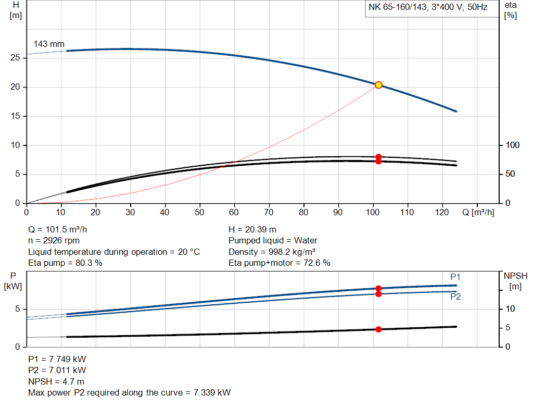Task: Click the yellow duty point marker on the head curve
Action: (x=378, y=85)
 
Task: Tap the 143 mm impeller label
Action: (x=49, y=44)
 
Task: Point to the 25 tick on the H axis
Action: (x=15, y=58)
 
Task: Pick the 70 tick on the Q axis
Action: (x=269, y=213)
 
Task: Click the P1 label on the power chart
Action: (x=455, y=277)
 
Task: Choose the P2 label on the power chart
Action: (x=455, y=297)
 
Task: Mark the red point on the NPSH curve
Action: (x=378, y=329)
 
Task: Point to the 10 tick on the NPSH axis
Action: (x=510, y=309)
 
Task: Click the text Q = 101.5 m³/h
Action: (x=61, y=229)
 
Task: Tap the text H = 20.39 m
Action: (x=252, y=229)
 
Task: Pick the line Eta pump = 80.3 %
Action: (x=65, y=263)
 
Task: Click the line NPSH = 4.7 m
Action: (x=56, y=381)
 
